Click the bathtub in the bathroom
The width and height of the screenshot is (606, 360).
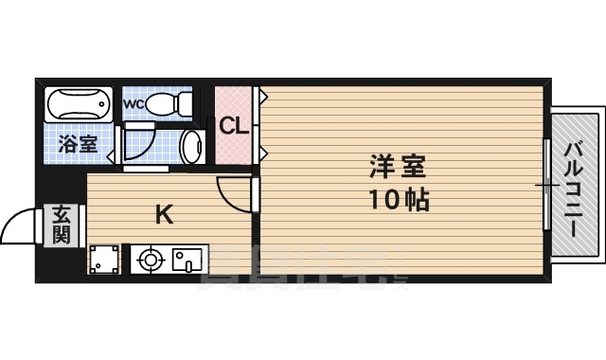(79, 103)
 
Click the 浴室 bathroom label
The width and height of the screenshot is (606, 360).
(77, 145)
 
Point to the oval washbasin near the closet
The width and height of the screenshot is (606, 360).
(192, 148)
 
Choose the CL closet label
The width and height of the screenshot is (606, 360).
(234, 125)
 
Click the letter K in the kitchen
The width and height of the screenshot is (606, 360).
(163, 214)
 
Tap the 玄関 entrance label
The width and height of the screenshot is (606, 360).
(62, 225)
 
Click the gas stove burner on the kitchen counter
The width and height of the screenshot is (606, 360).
(149, 259)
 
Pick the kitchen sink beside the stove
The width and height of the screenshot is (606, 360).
(186, 258)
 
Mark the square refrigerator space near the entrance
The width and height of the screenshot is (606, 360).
(105, 258)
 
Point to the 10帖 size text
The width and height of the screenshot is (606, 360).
(398, 200)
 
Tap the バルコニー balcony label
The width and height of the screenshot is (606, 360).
(574, 189)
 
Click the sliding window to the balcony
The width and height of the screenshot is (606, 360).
(546, 184)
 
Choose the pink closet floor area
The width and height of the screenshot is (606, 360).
(234, 147)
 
